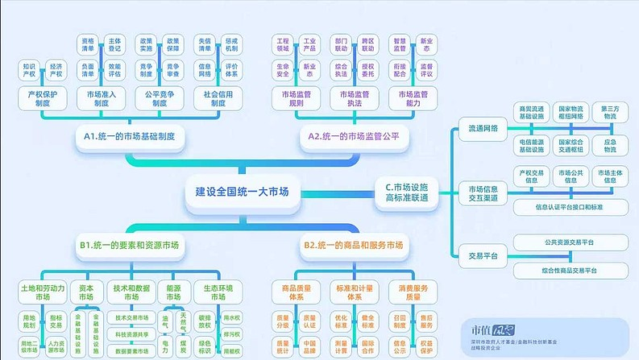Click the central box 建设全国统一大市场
tap(242, 192)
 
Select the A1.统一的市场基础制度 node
tap(135, 137)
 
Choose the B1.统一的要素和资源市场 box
tap(129, 244)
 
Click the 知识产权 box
tap(29, 70)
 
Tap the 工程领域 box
tap(282, 43)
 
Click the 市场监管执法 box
tap(352, 98)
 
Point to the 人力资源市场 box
tap(56, 346)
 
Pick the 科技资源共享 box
tap(131, 334)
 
